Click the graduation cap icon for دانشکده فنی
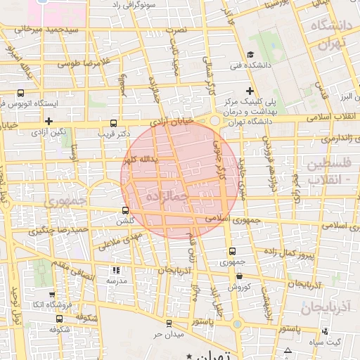[x=251, y=56]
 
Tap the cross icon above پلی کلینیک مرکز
[x=250, y=90]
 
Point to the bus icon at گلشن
[x=126, y=210]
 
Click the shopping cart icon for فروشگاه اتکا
[x=51, y=295]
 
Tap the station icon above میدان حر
[x=168, y=323]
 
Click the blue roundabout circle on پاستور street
[x=237, y=324]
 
